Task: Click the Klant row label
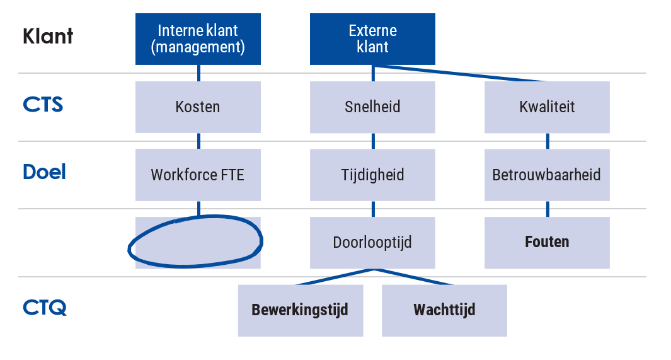(x=48, y=37)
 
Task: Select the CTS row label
(x=43, y=104)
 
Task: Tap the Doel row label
(x=44, y=172)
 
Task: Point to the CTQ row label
(x=44, y=308)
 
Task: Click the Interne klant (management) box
(x=198, y=39)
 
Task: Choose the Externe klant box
(x=372, y=39)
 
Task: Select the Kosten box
(x=198, y=107)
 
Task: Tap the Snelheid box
(x=372, y=107)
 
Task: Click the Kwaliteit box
(x=547, y=107)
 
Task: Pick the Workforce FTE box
(x=198, y=175)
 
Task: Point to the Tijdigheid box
(x=372, y=175)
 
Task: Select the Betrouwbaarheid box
(x=547, y=175)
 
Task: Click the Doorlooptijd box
(x=372, y=242)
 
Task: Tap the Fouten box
(x=547, y=242)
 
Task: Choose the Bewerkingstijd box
(x=300, y=310)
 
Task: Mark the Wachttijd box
(x=444, y=310)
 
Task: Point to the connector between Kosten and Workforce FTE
(x=198, y=141)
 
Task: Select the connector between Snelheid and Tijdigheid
(x=373, y=141)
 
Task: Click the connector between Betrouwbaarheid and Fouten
(x=547, y=209)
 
